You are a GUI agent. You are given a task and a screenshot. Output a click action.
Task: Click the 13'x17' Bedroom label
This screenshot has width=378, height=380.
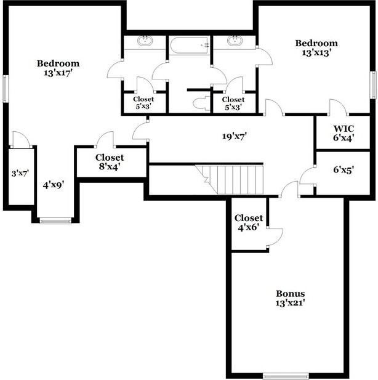[x=58, y=68]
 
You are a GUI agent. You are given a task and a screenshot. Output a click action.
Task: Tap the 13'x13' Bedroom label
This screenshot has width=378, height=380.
[x=316, y=48]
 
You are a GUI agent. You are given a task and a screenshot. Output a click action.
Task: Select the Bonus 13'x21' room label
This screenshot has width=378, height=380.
[x=290, y=298]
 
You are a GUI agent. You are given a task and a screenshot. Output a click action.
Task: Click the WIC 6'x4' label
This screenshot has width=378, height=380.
[x=344, y=133]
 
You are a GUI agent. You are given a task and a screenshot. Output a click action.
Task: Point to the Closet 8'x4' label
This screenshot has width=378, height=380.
[x=110, y=162]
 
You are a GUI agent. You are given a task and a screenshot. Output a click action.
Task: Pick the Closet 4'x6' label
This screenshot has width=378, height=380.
[x=249, y=222]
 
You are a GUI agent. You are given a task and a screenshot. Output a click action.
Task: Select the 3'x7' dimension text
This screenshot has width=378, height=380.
[x=20, y=174]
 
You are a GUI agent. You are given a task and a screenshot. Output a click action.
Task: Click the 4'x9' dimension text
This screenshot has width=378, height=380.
[x=54, y=184]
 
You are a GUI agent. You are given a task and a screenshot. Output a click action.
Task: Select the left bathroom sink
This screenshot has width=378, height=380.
[x=145, y=41]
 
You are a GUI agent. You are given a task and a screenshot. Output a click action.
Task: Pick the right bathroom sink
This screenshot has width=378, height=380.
[x=235, y=41]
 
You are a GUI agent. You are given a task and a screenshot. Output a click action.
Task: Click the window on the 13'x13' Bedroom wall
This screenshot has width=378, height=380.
[x=373, y=85]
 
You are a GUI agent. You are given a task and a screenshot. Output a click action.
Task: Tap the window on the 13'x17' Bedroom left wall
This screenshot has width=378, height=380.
[x=5, y=89]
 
